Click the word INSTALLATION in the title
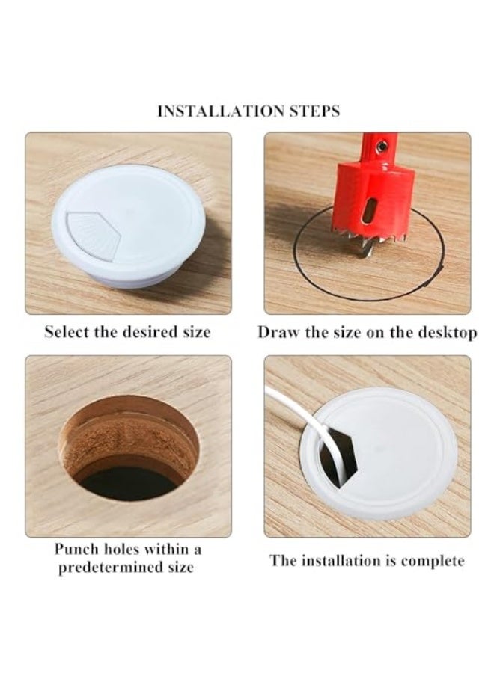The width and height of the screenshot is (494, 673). (x=221, y=111)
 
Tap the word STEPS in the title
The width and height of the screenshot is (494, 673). (x=314, y=111)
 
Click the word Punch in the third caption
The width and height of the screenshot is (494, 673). (x=77, y=549)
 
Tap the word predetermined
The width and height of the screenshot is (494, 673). (x=110, y=568)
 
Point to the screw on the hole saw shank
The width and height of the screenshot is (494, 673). (x=381, y=147)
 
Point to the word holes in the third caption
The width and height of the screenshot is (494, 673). (x=123, y=549)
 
